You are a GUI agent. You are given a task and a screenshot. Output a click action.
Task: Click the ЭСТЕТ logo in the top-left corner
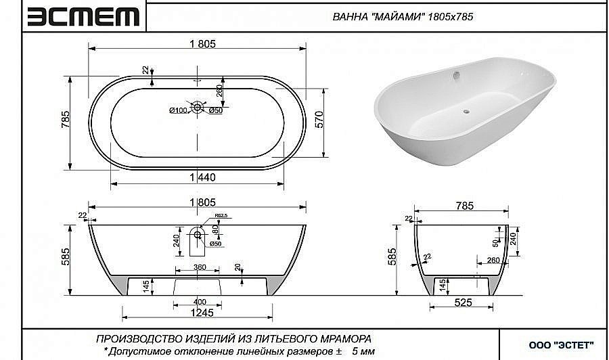[83, 16]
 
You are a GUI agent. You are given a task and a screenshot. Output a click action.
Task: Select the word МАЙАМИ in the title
[397, 17]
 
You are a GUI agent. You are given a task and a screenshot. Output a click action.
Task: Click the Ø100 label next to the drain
[178, 110]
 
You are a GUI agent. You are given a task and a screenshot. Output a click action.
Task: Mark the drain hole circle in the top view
[198, 106]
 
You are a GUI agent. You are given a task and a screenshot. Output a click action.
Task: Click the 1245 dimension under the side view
[198, 312]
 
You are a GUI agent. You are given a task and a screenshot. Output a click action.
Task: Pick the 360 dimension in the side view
[199, 267]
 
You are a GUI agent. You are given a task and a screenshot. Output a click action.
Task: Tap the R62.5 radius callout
[220, 217]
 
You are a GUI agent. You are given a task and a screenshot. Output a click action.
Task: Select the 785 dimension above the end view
[464, 206]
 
